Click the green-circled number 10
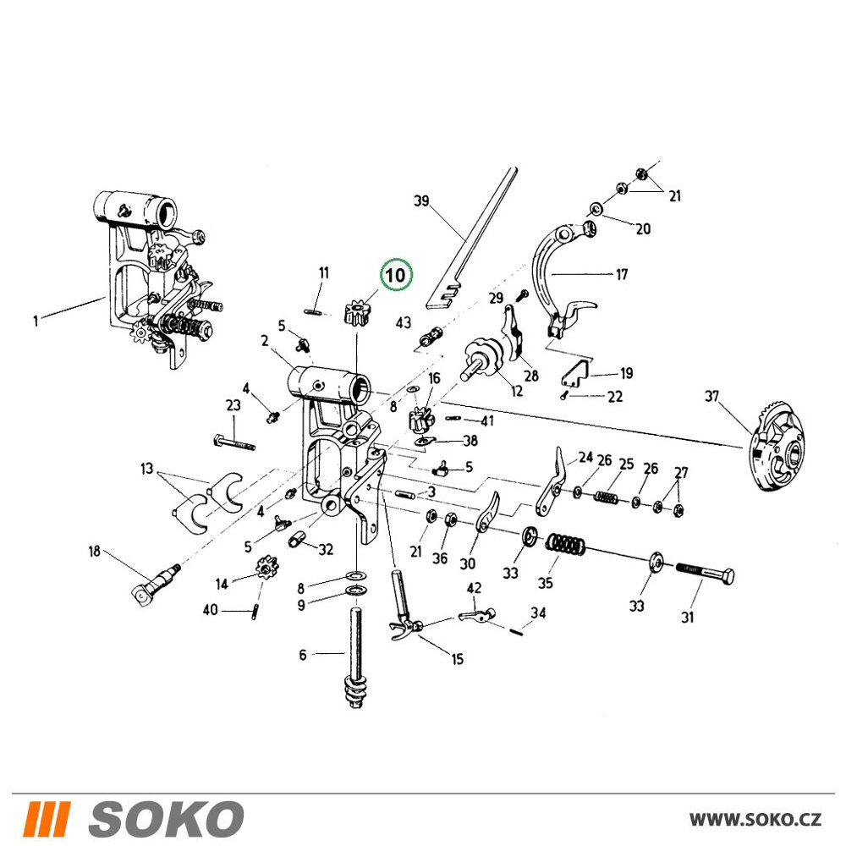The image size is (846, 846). (395, 275)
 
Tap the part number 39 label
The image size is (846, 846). (420, 201)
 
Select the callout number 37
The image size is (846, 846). (711, 396)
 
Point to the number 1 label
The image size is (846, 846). (36, 321)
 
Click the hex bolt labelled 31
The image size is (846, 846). (704, 572)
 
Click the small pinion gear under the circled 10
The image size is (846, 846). (357, 312)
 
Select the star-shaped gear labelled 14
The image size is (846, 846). (265, 569)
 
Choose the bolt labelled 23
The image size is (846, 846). (234, 441)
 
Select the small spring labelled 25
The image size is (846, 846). (607, 497)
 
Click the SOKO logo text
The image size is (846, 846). (165, 818)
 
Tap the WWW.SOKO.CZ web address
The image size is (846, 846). (755, 820)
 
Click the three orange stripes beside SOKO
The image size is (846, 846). (47, 818)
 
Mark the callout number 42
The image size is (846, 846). (474, 588)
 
